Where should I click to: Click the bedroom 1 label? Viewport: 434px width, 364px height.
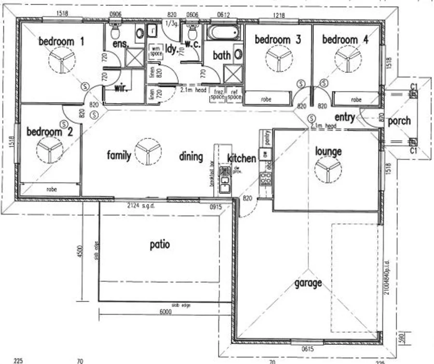(x=62, y=41)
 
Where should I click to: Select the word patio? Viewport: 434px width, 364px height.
(x=160, y=244)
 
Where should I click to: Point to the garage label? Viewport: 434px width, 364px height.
(x=308, y=283)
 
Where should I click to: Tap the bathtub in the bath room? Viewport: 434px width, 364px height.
(x=225, y=33)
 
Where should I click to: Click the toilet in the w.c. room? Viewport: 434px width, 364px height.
(x=192, y=32)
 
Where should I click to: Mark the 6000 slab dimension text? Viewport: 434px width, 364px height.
(x=165, y=312)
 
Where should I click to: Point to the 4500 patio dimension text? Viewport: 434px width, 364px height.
(x=81, y=252)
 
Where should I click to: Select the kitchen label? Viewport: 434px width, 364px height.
(x=242, y=158)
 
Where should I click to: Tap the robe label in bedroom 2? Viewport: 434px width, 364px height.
(x=52, y=189)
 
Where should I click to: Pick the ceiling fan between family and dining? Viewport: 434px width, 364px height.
(x=148, y=152)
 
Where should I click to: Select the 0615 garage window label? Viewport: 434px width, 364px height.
(x=308, y=348)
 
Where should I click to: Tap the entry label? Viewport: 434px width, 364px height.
(x=344, y=117)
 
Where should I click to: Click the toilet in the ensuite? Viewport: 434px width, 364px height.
(x=116, y=32)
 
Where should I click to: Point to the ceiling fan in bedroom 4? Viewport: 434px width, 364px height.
(x=348, y=61)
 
